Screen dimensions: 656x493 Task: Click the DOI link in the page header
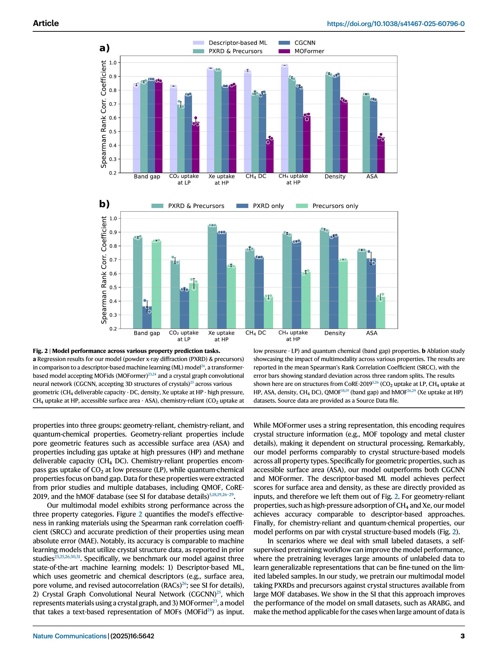click(x=395, y=24)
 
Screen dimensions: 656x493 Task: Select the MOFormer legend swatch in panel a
click(x=284, y=51)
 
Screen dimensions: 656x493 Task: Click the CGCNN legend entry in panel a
click(x=305, y=43)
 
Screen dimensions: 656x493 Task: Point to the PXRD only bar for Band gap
click(x=147, y=318)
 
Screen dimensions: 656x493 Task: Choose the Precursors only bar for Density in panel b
click(x=343, y=293)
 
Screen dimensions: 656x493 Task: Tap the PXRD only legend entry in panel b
click(x=268, y=206)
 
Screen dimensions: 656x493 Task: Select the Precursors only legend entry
click(x=335, y=206)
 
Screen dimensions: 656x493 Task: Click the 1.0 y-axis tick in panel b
click(x=113, y=219)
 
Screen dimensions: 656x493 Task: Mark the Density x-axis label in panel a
click(x=335, y=176)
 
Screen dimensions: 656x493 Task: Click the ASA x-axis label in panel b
click(x=372, y=333)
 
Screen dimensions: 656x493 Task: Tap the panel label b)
click(x=104, y=204)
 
